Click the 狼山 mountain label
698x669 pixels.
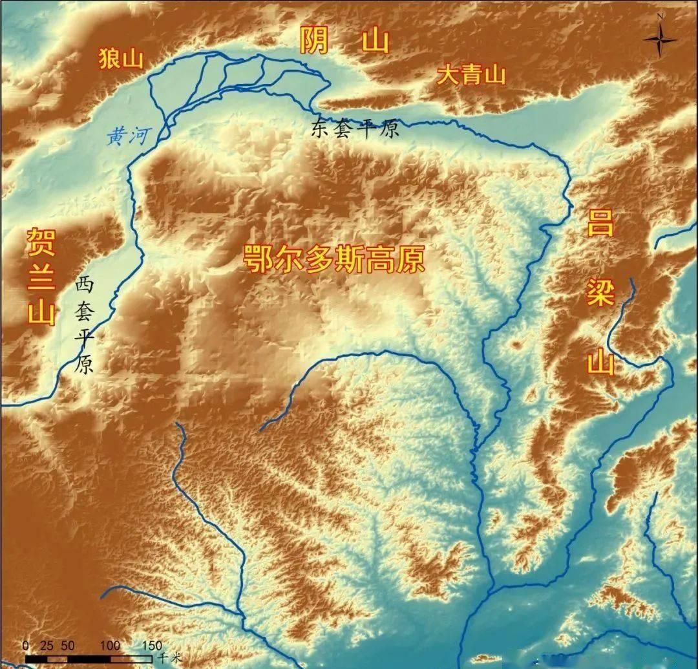[x=120, y=59]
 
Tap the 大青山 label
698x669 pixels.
[x=471, y=75]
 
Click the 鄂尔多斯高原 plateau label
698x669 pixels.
[x=334, y=260]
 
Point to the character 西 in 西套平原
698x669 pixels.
[x=85, y=284]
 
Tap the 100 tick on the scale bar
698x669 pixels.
[x=111, y=645]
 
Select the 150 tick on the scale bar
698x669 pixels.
[x=151, y=645]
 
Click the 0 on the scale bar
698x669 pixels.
[x=25, y=645]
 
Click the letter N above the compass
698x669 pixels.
[x=660, y=16]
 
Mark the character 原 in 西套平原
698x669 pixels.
[x=85, y=366]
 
